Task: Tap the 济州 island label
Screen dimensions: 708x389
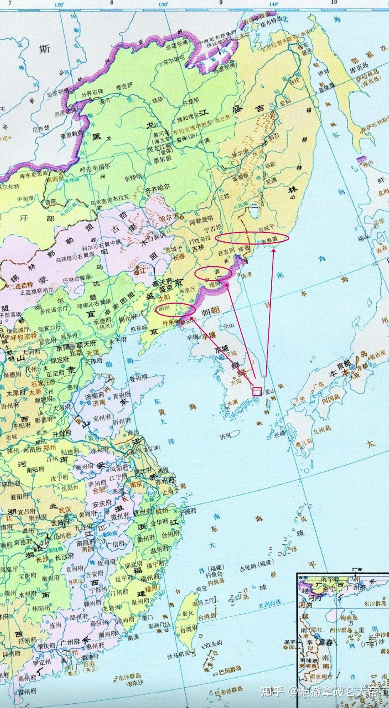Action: click(x=225, y=436)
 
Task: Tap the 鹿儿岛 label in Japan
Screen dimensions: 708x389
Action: click(x=303, y=441)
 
